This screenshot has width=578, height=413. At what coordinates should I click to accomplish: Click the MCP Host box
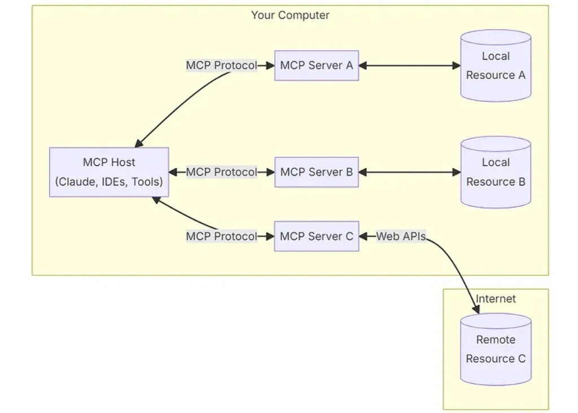click(109, 172)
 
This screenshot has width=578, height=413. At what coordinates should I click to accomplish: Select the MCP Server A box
click(317, 65)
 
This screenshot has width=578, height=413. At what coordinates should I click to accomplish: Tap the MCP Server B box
click(317, 172)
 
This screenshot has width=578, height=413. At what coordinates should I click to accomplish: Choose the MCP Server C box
click(317, 236)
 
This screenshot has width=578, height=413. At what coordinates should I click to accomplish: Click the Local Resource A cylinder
click(496, 65)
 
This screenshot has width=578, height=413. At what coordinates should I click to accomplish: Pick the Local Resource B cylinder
click(496, 172)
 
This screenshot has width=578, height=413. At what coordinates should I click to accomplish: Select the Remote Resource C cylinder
click(496, 349)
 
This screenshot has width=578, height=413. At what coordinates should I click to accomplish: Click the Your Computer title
click(290, 15)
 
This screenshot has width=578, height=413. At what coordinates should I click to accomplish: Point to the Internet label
click(496, 299)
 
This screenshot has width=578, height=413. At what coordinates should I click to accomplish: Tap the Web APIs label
click(401, 236)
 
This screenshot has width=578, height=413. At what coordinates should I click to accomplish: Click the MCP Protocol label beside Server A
click(221, 65)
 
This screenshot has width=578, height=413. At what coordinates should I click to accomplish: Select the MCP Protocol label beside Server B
click(221, 172)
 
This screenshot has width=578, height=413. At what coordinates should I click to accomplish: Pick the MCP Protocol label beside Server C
click(221, 236)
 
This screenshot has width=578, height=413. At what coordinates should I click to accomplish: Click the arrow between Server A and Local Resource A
click(410, 65)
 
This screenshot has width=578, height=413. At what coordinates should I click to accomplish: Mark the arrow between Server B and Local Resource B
click(410, 172)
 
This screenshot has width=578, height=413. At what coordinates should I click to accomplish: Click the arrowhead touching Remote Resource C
click(475, 309)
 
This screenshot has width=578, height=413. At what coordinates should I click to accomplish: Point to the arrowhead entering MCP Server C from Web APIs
click(363, 236)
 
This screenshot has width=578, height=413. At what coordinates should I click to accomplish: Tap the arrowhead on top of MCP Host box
click(139, 143)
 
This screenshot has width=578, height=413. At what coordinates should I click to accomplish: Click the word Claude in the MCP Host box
click(76, 182)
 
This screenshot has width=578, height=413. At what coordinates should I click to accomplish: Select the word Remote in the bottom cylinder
click(496, 340)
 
